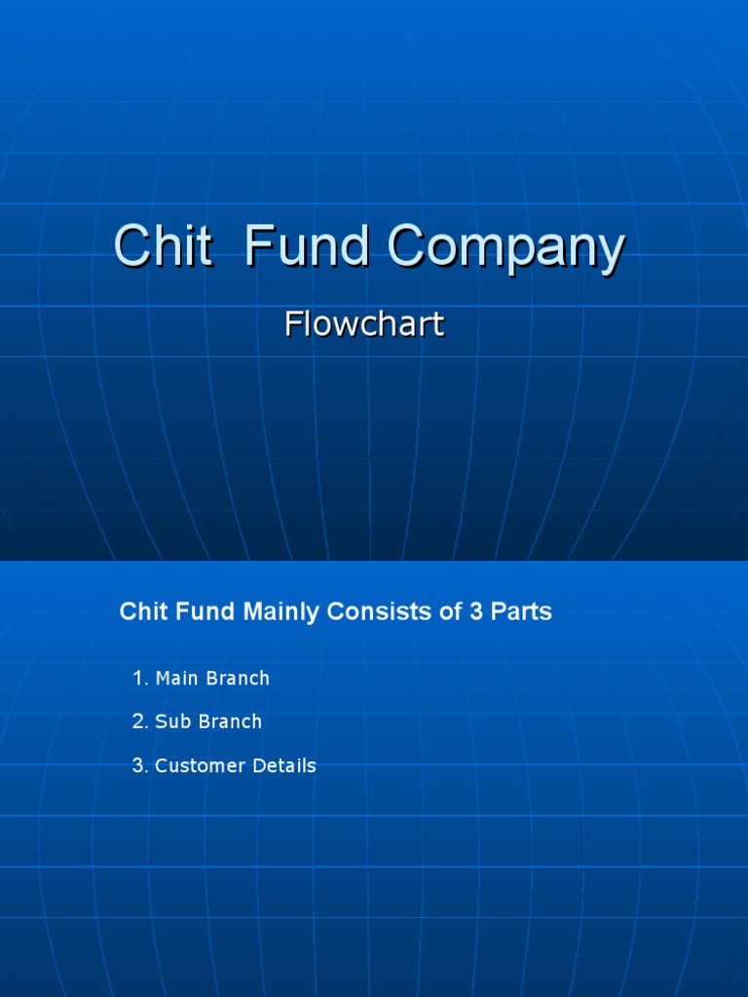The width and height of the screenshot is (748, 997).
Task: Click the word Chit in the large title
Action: (x=163, y=246)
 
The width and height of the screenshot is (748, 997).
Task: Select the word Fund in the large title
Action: (x=306, y=246)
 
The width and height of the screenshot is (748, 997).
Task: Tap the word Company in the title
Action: (x=505, y=248)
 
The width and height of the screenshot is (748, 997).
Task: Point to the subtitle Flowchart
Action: (x=364, y=324)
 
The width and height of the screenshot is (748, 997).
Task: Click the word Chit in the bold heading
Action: (x=141, y=611)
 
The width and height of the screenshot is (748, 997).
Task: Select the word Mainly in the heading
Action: (x=281, y=612)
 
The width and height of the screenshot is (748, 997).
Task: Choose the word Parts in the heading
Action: (x=516, y=611)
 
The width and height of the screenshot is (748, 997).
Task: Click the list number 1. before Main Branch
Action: (x=140, y=678)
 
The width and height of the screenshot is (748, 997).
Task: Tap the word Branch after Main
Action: (x=239, y=678)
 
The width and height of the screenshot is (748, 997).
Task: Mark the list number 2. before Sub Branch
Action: (x=140, y=721)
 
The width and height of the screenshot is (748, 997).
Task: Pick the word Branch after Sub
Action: (x=230, y=721)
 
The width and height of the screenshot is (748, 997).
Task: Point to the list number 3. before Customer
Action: (x=140, y=765)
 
